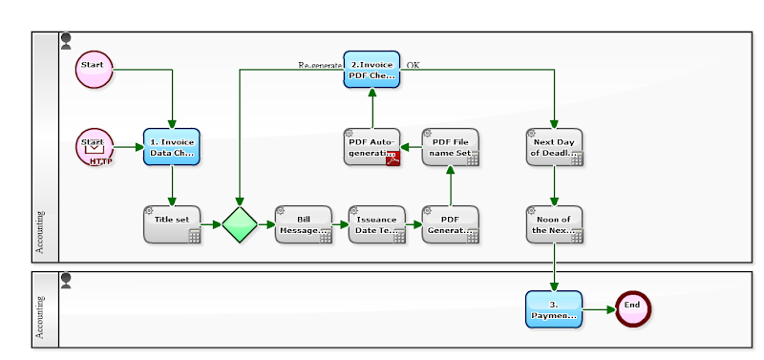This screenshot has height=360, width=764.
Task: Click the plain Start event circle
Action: coord(94,69)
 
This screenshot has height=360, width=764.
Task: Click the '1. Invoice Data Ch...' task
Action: coord(172,146)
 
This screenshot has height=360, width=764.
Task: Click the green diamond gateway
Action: coord(240,224)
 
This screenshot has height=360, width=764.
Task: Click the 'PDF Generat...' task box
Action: coord(450,224)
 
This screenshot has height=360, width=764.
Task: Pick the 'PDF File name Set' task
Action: coord(450,146)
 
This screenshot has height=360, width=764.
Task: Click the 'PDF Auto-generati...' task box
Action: coord(371,146)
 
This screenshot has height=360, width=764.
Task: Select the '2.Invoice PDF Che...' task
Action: coord(371,69)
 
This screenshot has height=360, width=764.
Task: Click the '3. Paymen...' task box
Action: coord(553,309)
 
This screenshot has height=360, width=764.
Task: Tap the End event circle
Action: coord(631,308)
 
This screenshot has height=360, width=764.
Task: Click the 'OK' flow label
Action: coord(413,65)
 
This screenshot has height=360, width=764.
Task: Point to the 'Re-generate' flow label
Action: coord(320,65)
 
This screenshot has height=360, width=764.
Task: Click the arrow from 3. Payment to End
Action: coord(599,309)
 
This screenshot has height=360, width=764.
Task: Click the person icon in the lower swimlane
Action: coord(66,281)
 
